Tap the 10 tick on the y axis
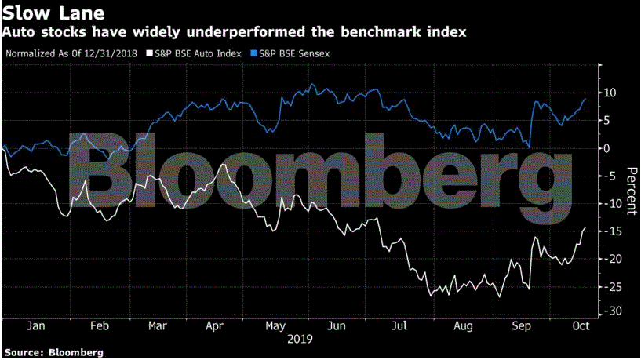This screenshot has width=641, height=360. (610, 93)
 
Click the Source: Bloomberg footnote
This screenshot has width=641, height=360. (53, 352)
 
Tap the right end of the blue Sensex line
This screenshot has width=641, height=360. (585, 99)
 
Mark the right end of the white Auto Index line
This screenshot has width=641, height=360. (585, 227)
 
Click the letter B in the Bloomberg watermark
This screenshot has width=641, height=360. (105, 169)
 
